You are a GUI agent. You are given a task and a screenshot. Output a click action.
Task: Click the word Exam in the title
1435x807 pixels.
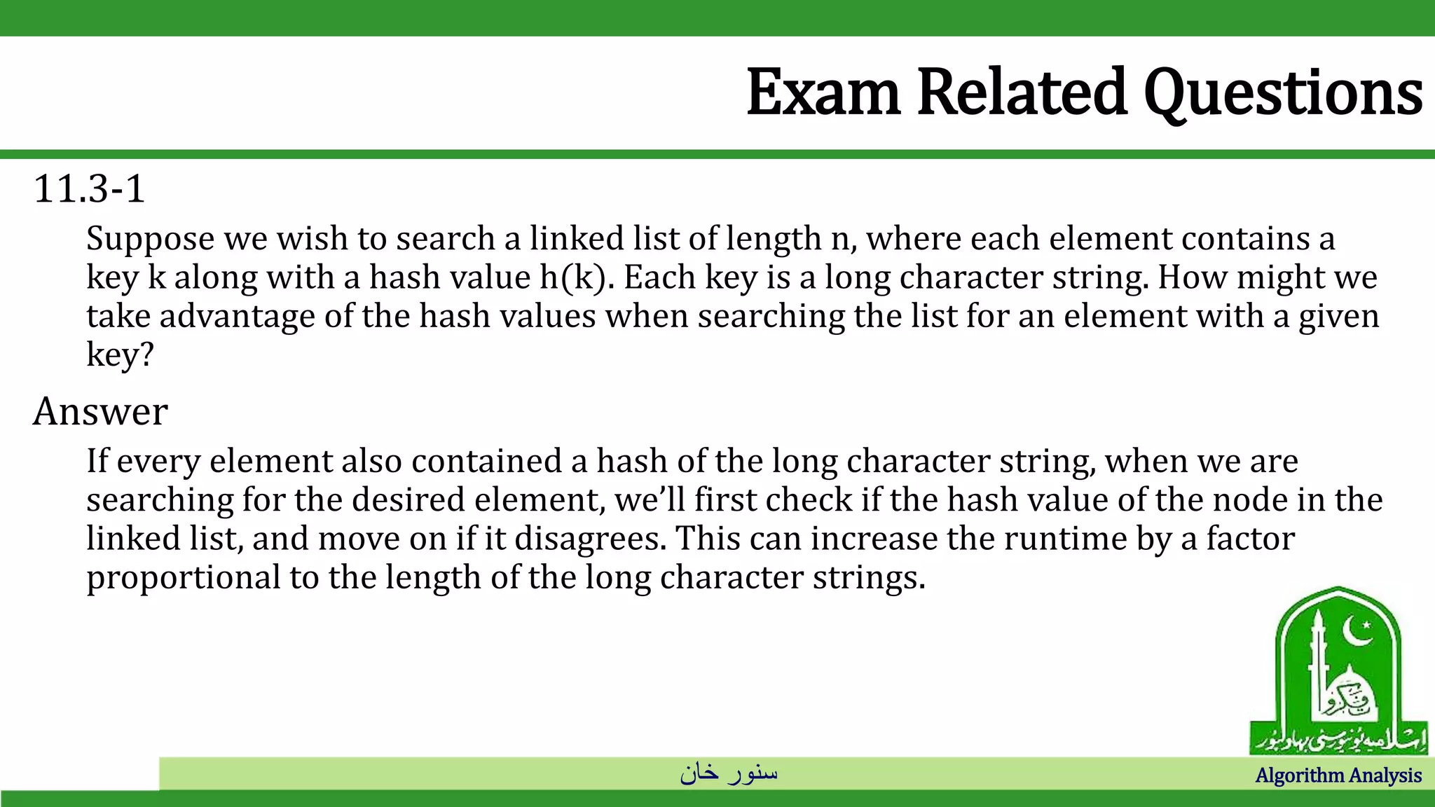(x=823, y=92)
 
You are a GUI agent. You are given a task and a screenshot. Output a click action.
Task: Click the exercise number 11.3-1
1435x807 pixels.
(x=89, y=189)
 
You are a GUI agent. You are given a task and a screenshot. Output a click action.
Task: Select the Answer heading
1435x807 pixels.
(x=100, y=411)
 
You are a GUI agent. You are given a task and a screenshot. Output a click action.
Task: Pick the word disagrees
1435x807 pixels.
(x=589, y=539)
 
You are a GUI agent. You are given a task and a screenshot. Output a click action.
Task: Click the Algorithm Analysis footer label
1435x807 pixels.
(x=1338, y=775)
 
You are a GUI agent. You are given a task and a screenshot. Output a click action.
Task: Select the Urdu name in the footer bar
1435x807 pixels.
(x=729, y=773)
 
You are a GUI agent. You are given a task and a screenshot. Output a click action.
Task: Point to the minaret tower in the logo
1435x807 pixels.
(x=1318, y=665)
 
